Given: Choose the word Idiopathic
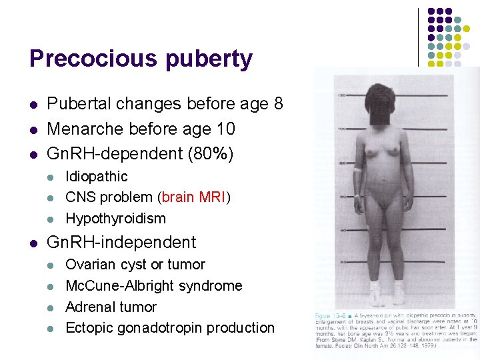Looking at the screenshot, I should coord(96,177).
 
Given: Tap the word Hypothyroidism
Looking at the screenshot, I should coord(115,219).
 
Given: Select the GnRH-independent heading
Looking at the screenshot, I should coord(121,242).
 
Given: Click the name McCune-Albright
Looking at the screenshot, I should coord(119,285).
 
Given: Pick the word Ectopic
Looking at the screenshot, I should coord(89,328).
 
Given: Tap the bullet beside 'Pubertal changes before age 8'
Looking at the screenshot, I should coord(33,105).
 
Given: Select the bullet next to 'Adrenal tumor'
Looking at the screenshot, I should coord(51,307).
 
